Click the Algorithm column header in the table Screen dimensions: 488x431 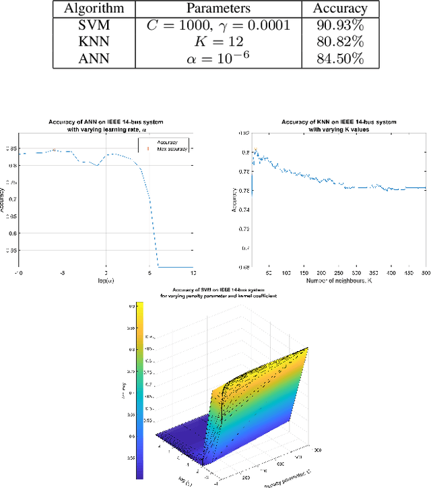click(94, 9)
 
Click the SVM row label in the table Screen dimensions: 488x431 click(94, 26)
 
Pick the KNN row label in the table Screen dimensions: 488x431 click(94, 42)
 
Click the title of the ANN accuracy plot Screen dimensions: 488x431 click(106, 126)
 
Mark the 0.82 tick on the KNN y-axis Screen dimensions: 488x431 click(246, 135)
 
